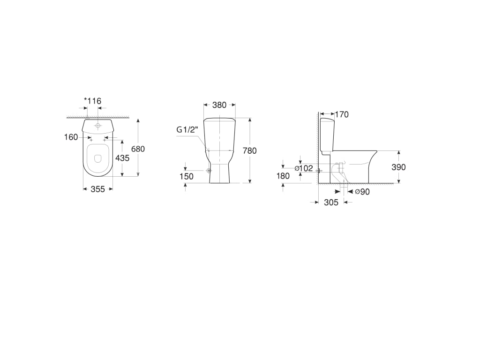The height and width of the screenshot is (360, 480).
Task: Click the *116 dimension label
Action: [92, 101]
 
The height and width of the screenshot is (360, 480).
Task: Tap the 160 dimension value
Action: [71, 137]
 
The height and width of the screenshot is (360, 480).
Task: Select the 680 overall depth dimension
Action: [138, 149]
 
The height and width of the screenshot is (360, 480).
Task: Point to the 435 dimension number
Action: [122, 158]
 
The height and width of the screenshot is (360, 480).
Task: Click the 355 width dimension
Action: [98, 189]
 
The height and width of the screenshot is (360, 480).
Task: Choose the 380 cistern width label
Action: [219, 105]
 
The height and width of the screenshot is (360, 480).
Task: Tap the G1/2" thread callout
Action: [187, 129]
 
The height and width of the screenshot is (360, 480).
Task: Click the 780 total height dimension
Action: [249, 150]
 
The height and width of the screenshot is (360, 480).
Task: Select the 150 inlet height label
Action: [187, 176]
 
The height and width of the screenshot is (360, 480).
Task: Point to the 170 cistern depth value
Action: [342, 114]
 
